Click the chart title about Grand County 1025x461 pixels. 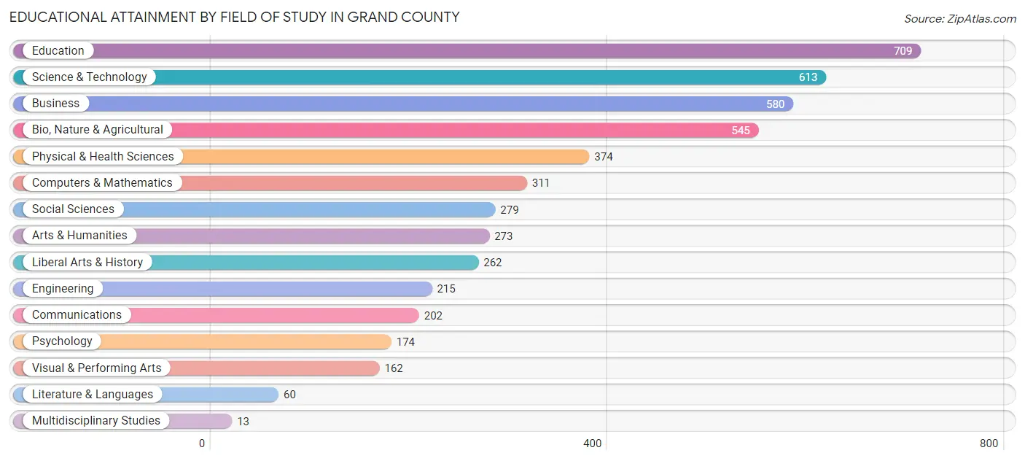[234, 17]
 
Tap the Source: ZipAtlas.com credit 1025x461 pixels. [959, 19]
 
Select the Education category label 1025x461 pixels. [58, 51]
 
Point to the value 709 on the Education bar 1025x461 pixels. [903, 51]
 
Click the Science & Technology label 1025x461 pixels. [89, 77]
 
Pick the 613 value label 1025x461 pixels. [808, 77]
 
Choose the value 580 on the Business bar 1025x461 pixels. [775, 104]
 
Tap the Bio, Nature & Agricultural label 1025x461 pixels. [97, 130]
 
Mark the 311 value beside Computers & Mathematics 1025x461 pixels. [541, 183]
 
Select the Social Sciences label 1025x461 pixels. [73, 209]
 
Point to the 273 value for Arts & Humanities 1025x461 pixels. [503, 236]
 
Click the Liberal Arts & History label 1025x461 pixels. [87, 263]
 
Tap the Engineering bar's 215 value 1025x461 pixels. [446, 289]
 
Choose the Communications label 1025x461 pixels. [77, 315]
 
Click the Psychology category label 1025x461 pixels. [62, 341]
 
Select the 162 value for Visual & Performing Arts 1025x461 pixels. [394, 368]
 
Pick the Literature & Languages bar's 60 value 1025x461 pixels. [289, 395]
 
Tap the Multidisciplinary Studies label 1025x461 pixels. [96, 421]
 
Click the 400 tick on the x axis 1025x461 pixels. [593, 443]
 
